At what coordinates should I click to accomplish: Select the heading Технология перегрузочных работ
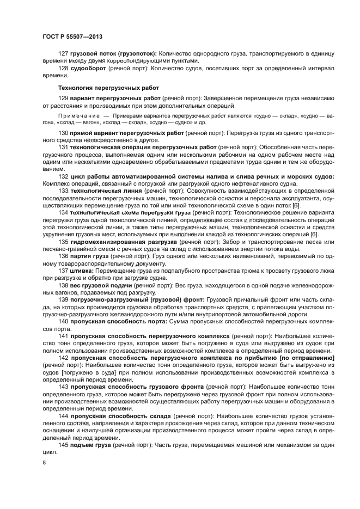pos(108,87)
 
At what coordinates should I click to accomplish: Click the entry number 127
pos(63,54)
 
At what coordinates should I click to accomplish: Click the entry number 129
pos(63,97)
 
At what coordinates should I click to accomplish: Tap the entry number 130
pos(63,133)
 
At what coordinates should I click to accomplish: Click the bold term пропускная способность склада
pos(121,415)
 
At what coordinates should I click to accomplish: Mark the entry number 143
pos(63,386)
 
